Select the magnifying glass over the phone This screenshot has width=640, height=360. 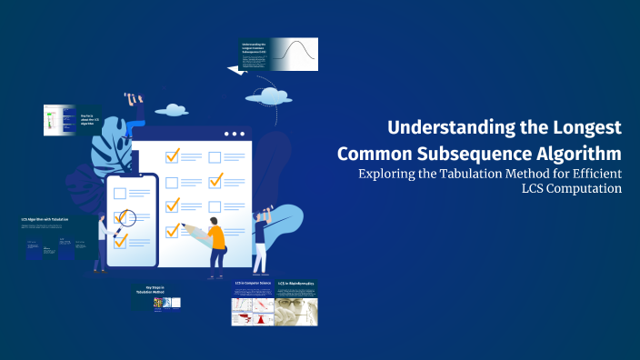click(124, 218)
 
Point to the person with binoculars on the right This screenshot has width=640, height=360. click(261, 238)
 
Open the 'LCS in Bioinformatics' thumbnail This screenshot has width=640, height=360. click(295, 305)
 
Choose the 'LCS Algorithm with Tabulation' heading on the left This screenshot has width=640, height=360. click(45, 220)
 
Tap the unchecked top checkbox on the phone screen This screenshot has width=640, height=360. click(118, 194)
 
